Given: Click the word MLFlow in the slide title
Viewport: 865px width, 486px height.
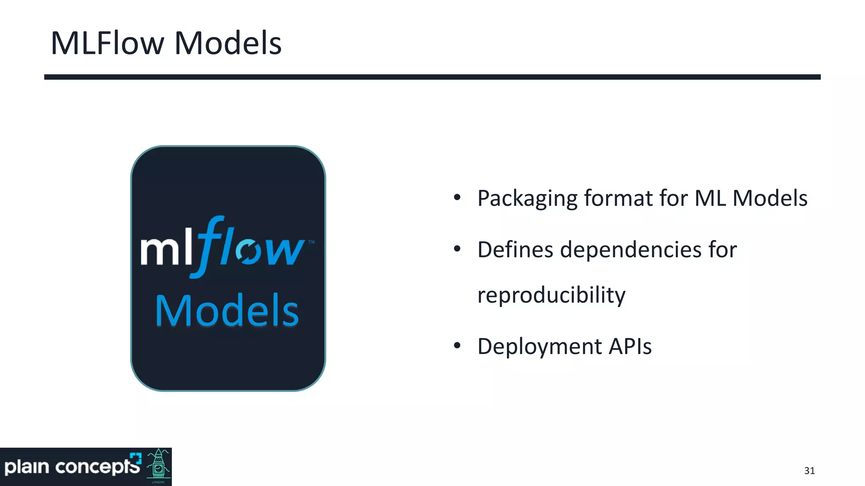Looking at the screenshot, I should (x=107, y=43).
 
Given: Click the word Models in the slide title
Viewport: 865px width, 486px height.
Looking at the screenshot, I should (x=228, y=43).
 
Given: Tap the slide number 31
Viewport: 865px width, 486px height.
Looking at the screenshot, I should (x=809, y=471).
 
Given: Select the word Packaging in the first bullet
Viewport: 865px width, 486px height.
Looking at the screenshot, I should (x=527, y=199).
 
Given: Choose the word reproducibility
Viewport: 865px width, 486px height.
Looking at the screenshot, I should (x=551, y=295).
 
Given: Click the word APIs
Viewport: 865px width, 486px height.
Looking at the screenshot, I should (x=630, y=346).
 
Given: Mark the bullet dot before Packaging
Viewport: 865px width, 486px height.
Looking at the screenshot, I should (x=457, y=197).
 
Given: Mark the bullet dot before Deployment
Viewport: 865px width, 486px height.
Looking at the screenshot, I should (x=457, y=346).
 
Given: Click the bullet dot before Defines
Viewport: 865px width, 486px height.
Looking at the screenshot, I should (x=457, y=249).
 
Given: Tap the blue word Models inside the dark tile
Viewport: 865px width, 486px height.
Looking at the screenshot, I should (x=227, y=311).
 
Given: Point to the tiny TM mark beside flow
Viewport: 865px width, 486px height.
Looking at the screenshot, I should (x=311, y=242).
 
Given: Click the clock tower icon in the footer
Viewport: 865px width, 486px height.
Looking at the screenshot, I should (x=158, y=466).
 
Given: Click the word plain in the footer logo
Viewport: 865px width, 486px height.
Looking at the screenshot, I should (x=27, y=467).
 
